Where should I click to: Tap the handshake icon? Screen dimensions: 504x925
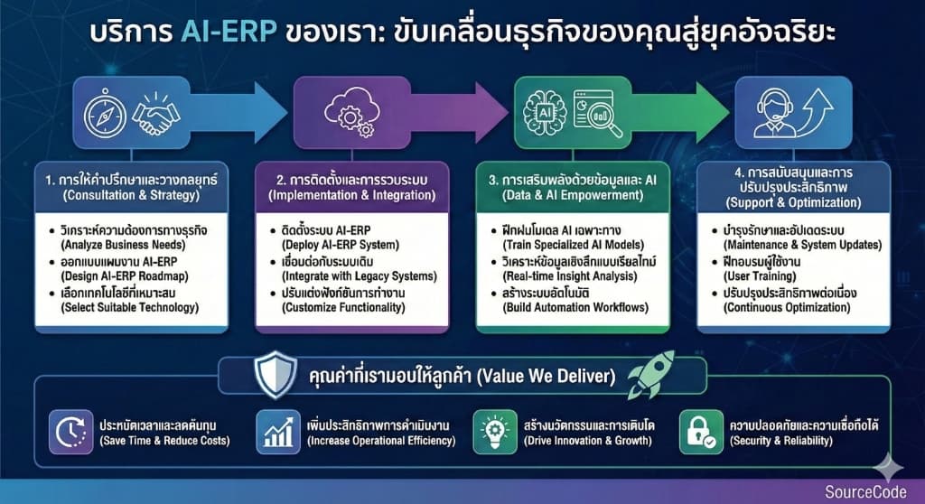coord(154,116)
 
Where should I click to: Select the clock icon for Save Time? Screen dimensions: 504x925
coord(68,432)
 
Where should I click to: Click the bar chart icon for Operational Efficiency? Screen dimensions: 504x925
coord(277,432)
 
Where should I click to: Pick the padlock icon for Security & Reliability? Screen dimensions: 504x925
coord(699,432)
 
